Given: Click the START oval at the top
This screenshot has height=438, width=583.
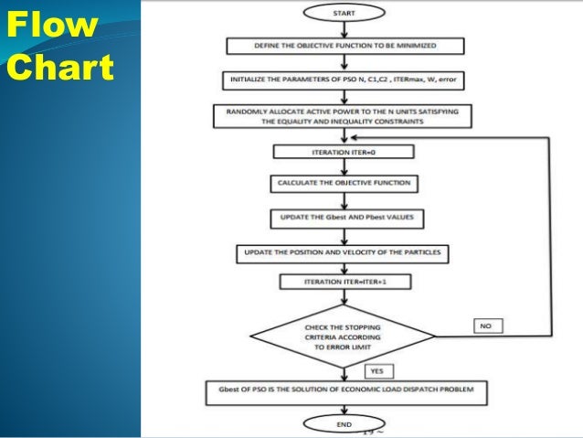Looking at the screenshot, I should (x=344, y=13).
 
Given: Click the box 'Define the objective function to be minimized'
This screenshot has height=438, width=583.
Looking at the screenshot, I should (x=344, y=46).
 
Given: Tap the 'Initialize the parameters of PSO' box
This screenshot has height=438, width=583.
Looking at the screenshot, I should (x=344, y=80).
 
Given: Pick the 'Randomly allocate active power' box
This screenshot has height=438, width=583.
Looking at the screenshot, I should (x=344, y=116).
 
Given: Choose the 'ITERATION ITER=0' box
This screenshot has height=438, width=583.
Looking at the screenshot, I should (x=344, y=153).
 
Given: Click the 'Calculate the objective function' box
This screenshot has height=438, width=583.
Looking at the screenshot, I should (x=344, y=185).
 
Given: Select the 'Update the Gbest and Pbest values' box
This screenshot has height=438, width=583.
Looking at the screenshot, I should (x=344, y=219).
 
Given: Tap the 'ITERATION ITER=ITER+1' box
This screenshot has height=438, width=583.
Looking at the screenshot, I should (x=344, y=283).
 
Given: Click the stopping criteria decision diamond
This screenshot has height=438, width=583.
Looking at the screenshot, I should (x=344, y=334).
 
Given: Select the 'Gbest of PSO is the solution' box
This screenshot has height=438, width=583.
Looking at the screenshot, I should (x=344, y=393).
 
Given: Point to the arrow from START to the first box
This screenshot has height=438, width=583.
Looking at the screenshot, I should (x=344, y=29).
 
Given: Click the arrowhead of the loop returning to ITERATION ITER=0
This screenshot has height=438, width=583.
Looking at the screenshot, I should (x=420, y=138).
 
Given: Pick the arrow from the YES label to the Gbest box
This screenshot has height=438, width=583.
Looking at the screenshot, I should (x=344, y=377).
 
